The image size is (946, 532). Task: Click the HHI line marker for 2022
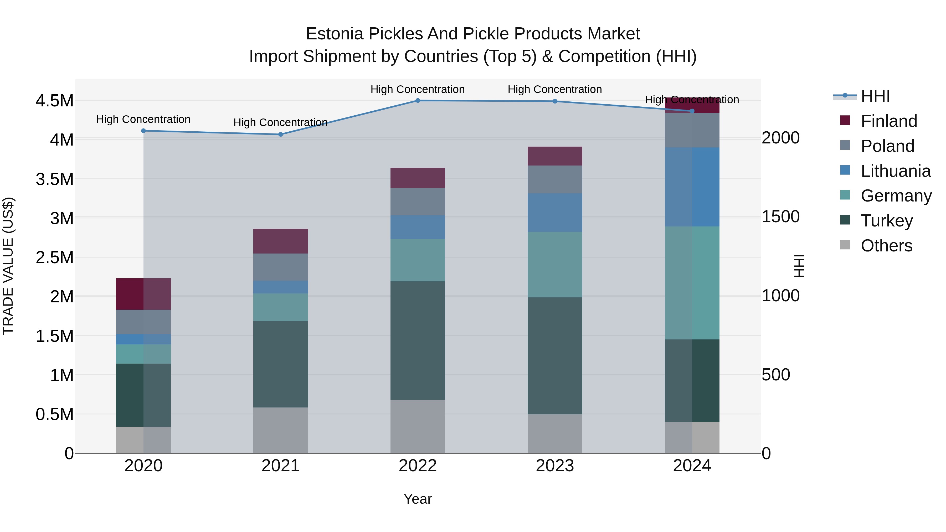pos(418,101)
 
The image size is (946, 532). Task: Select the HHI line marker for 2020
pos(143,131)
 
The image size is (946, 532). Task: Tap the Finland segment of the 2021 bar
pos(281,241)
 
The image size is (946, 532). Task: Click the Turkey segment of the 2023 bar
pos(555,356)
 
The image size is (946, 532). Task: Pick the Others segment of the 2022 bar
pos(418,426)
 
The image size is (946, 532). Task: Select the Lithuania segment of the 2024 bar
pos(692,187)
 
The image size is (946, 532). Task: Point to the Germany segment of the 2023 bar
pos(555,264)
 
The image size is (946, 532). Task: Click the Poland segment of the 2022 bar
pos(418,202)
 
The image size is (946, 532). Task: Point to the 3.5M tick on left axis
pos(54,179)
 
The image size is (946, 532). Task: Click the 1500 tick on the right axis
pos(780,217)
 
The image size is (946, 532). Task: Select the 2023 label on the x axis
pos(555,466)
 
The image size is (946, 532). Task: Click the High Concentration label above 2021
pos(281,122)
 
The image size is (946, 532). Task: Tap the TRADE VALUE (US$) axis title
pos(8,266)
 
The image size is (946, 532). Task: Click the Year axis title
pos(418,499)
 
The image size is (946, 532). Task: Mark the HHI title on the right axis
pos(799,266)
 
